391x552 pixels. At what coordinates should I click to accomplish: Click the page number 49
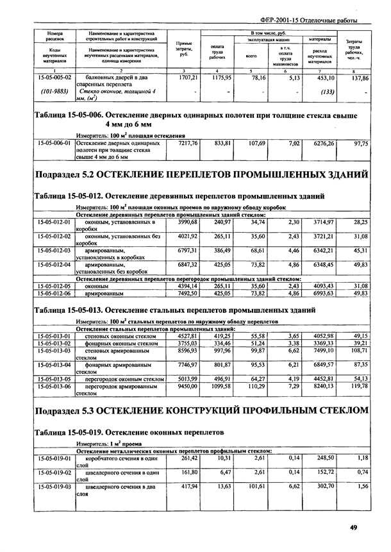[x=353, y=527]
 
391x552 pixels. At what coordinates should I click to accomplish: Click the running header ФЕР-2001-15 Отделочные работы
[x=318, y=19]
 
